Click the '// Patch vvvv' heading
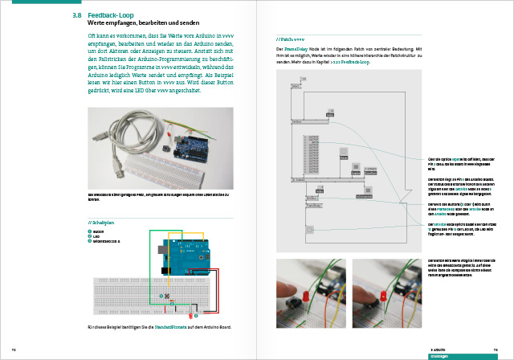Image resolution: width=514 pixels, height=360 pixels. [x=290, y=38]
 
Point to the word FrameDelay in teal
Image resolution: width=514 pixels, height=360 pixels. [x=297, y=49]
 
